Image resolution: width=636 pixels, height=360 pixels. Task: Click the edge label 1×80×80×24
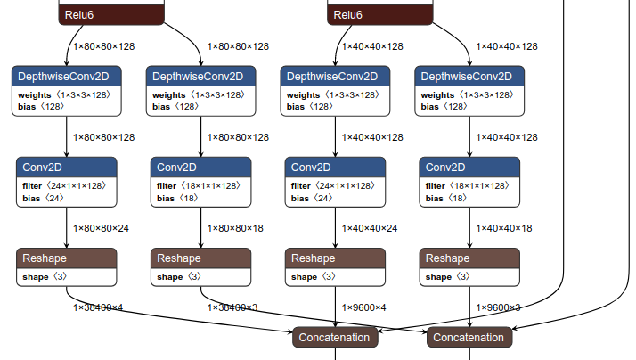(x=101, y=228)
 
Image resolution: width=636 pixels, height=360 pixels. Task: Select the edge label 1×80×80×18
(x=235, y=228)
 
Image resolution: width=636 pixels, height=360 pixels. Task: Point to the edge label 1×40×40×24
(x=370, y=228)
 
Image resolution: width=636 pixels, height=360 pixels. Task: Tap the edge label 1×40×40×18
(x=504, y=228)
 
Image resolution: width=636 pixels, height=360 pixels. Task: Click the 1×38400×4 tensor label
(x=98, y=307)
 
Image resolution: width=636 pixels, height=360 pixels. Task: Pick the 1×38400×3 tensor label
(x=232, y=307)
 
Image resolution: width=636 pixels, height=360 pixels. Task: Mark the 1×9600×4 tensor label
(x=364, y=307)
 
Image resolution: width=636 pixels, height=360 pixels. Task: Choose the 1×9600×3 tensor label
(x=499, y=307)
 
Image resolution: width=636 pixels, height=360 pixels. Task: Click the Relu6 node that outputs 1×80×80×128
(x=111, y=15)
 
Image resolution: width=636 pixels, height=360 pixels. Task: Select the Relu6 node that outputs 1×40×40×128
(x=380, y=15)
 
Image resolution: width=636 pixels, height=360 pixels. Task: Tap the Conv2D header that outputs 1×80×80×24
(x=67, y=167)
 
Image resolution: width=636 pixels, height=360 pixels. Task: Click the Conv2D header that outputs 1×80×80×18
(x=201, y=167)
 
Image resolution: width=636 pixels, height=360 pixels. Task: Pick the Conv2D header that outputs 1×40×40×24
(x=336, y=167)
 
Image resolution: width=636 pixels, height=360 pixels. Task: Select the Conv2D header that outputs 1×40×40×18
(x=470, y=167)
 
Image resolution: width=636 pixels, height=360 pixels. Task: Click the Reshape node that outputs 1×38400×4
(x=67, y=258)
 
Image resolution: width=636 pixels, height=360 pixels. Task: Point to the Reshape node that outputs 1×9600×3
(x=470, y=258)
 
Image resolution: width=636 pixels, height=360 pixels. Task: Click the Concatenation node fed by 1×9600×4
(x=335, y=338)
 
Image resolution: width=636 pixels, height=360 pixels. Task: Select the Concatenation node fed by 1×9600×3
(x=469, y=338)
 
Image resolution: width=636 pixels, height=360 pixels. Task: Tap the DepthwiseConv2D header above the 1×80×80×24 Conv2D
(x=67, y=76)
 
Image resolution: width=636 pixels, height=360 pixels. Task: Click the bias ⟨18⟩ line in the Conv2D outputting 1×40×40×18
(x=446, y=198)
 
